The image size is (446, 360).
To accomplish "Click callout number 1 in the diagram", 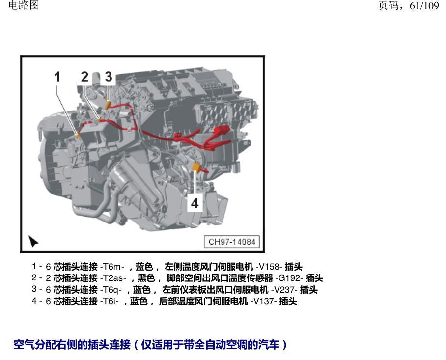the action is point(57,77).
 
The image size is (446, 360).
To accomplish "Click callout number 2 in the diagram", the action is point(84,77).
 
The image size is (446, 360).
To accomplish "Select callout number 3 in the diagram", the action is point(109,77).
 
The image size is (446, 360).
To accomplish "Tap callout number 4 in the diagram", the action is point(195,203).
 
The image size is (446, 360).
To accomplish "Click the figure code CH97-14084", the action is point(232,242).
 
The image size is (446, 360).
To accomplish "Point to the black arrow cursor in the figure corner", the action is point(33,241).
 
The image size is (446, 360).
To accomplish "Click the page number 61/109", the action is point(424,6).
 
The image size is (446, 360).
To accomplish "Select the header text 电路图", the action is point(24,5).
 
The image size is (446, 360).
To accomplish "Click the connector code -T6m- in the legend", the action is point(112,267).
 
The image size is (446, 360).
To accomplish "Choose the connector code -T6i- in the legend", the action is point(110,301).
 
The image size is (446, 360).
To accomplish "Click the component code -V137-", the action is point(263,301).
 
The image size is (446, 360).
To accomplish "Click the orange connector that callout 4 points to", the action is point(196,167).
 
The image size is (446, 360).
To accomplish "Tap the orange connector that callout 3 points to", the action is point(108,105).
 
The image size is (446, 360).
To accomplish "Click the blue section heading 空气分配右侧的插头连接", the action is point(72,345).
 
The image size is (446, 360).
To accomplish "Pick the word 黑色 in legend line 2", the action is point(146,278).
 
